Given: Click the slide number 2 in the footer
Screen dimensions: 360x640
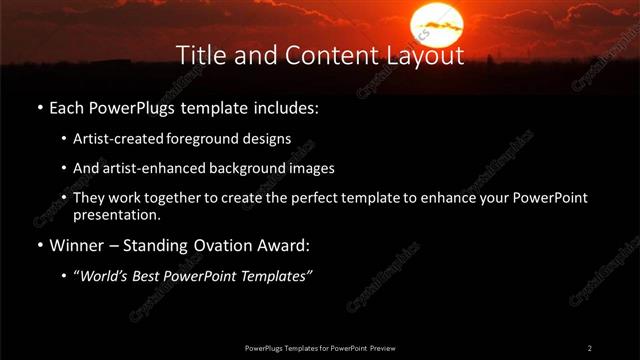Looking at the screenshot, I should coord(590,348).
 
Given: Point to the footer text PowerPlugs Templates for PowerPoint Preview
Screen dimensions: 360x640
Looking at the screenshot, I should coord(320,348).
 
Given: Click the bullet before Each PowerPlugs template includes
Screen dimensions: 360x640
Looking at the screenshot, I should coord(39,106).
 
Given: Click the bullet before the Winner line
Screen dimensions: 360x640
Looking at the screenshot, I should coord(39,245).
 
